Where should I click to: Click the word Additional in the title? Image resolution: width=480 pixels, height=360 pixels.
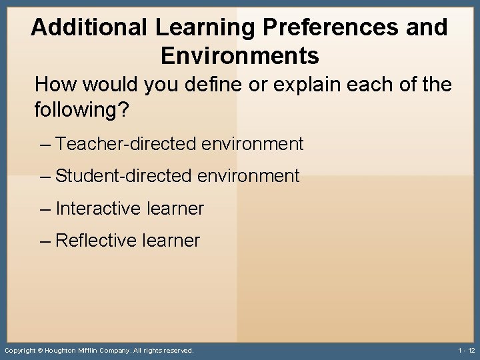[89, 27]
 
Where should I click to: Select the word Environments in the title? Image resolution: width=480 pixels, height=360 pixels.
[240, 55]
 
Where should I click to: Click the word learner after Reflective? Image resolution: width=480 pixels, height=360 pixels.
[172, 241]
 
